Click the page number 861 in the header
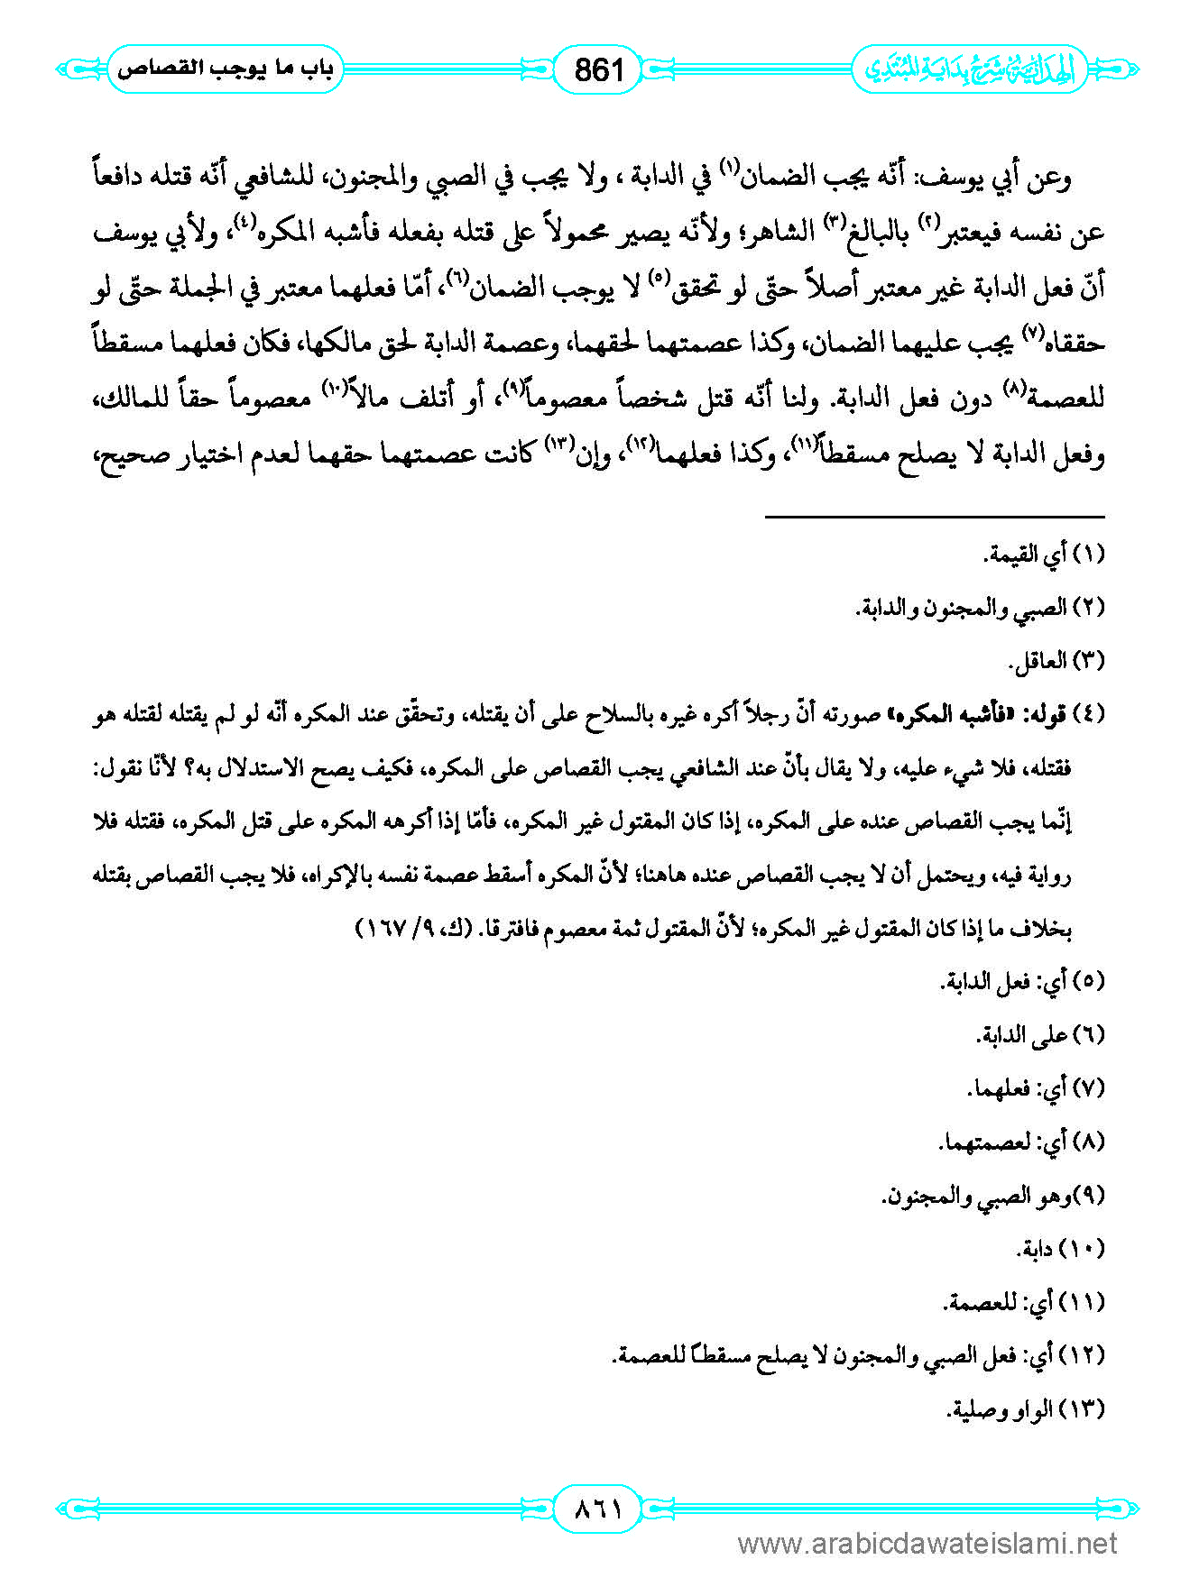pos(598,69)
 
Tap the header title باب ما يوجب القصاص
pos(226,69)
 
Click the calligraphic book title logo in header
pos(970,69)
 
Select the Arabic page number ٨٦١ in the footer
pos(598,1508)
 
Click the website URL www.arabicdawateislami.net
pos(927,1544)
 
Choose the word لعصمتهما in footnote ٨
pos(983,1142)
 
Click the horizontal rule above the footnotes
pos(935,517)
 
